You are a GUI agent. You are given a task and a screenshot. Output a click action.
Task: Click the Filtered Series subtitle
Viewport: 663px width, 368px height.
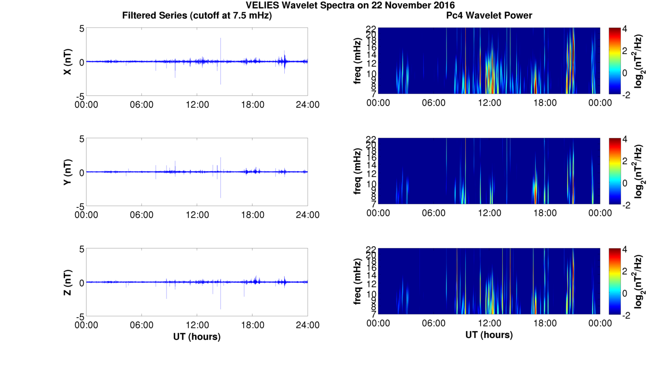tap(197, 15)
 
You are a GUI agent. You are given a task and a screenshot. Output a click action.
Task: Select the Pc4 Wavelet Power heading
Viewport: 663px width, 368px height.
tap(489, 15)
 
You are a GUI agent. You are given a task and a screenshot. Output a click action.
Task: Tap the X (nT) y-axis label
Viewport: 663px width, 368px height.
tap(67, 62)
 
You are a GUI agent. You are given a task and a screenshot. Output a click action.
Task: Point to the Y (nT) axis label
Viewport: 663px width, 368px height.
tap(67, 172)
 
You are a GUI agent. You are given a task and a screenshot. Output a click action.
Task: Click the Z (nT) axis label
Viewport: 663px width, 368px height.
tap(67, 283)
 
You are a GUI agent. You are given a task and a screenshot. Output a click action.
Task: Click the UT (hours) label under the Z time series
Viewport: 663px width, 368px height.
tap(197, 336)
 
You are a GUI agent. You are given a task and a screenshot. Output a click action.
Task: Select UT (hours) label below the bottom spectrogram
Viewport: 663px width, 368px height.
tap(489, 334)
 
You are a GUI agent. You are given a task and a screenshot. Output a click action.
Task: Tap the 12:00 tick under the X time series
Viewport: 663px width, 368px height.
tap(197, 105)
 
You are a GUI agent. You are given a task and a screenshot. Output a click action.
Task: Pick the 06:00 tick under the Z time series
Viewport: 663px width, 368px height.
tap(142, 325)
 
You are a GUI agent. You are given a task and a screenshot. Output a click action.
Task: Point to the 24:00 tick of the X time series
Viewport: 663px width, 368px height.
tap(308, 105)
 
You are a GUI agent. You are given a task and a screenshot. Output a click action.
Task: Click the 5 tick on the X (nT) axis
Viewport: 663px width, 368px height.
tap(81, 29)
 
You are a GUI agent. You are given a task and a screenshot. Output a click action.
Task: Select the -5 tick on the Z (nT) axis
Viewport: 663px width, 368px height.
tap(79, 316)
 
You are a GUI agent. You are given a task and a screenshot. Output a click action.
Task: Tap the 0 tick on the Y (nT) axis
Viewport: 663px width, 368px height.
tap(81, 172)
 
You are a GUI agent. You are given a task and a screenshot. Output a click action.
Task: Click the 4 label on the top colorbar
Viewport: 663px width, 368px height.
tap(627, 29)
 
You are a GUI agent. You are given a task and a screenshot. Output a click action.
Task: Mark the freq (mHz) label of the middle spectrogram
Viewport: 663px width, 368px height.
tap(358, 171)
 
